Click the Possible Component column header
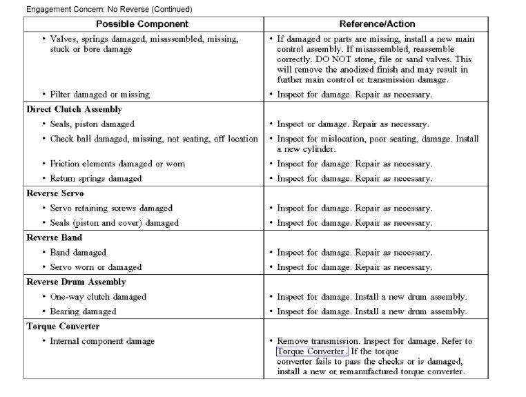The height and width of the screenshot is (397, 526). tap(143, 24)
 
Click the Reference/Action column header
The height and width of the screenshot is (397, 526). tap(387, 24)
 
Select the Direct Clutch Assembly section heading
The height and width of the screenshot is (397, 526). tap(74, 110)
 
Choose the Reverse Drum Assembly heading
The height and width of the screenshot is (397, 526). tap(76, 282)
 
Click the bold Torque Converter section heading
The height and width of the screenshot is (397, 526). tap(63, 327)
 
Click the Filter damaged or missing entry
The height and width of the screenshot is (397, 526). tap(99, 95)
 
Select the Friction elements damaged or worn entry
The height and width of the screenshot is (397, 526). tap(117, 164)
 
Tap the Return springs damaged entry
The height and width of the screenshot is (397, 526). tap(96, 179)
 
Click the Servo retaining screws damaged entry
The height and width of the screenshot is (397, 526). tap(111, 209)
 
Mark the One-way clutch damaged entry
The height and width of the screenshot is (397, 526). tap(98, 297)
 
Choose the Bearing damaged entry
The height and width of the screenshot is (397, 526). tap(83, 311)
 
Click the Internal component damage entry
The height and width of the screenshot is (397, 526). tap(102, 341)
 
